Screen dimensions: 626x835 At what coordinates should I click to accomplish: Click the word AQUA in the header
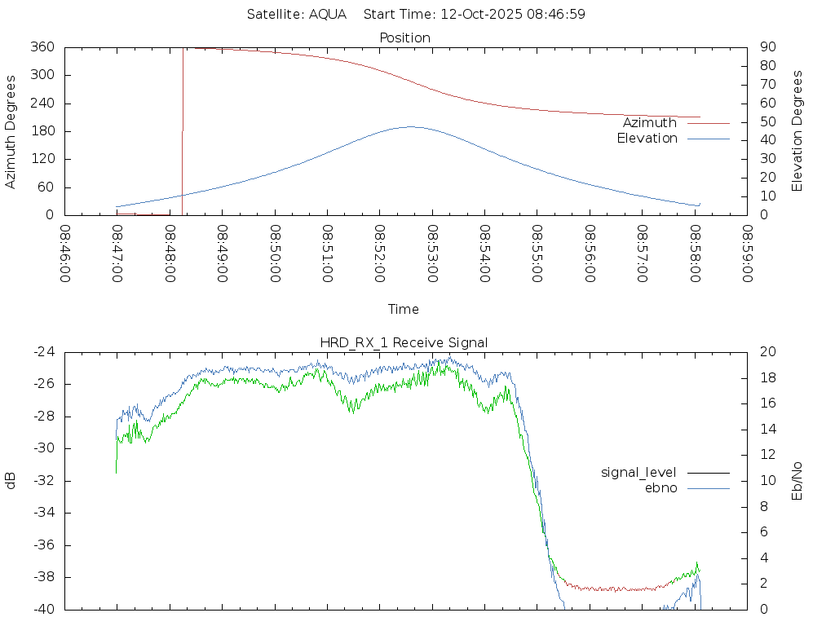coord(328,15)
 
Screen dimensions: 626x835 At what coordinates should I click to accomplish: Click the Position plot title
coord(404,37)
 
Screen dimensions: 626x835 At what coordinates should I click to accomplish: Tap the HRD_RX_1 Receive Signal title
coord(404,342)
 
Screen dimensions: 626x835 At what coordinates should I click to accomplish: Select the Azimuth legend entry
coord(649,123)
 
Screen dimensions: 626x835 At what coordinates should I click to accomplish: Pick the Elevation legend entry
coord(647,139)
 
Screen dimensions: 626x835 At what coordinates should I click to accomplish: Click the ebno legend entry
coord(660,487)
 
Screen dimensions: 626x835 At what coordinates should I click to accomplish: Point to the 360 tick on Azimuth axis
coord(42,47)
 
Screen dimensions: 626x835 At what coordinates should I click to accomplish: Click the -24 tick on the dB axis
coord(42,352)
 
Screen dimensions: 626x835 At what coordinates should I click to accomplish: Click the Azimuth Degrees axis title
coord(11,131)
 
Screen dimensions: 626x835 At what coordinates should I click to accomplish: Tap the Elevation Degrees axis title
coord(797,131)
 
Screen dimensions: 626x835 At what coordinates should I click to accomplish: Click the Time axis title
coord(404,310)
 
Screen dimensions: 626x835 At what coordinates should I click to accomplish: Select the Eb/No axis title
coord(797,480)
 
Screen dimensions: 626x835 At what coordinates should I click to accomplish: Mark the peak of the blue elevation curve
coord(410,126)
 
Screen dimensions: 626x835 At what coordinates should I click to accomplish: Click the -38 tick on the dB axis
coord(42,577)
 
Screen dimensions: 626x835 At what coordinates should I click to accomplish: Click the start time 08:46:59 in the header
coord(553,15)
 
